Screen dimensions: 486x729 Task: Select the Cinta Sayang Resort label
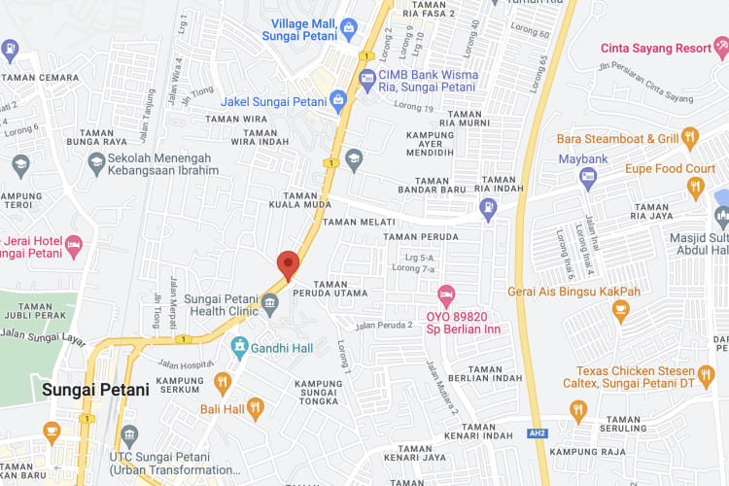(x=655, y=47)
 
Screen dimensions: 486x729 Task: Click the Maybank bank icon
(x=588, y=176)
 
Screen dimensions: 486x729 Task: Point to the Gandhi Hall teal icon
(x=239, y=346)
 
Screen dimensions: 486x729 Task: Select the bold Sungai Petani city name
(x=95, y=390)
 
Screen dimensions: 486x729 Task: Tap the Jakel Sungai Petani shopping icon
(x=337, y=99)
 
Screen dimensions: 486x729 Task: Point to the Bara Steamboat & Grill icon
(x=690, y=138)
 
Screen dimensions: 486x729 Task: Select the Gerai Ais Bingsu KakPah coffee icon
(x=620, y=311)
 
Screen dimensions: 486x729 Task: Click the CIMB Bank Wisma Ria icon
(x=366, y=78)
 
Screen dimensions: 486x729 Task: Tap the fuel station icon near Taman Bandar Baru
(x=488, y=206)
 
